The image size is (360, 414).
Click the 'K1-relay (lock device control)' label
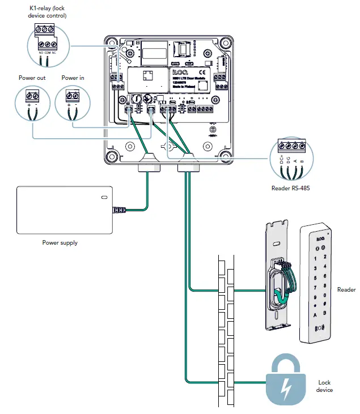48,12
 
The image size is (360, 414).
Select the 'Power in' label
73,78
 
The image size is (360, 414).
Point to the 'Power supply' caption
60,242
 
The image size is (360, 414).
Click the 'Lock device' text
325,387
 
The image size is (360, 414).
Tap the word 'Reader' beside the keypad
346,289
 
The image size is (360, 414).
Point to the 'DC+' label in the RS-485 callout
281,161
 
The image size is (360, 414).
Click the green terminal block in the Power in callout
73,95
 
